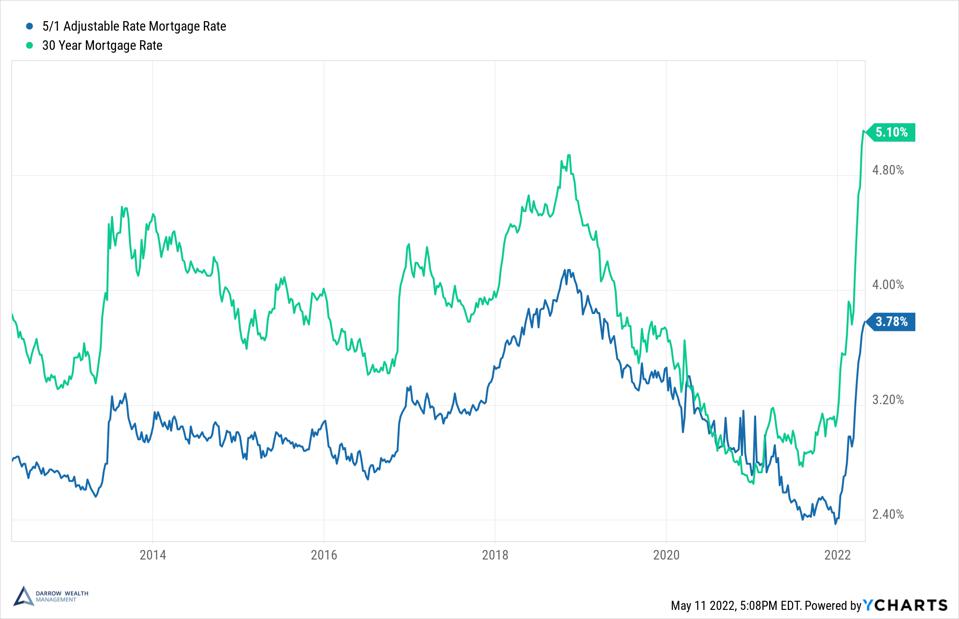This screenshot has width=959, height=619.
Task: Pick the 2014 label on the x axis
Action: click(153, 555)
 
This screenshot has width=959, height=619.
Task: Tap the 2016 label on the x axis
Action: click(324, 555)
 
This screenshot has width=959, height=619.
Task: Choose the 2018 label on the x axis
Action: click(495, 555)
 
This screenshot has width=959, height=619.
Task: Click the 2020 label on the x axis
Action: click(666, 555)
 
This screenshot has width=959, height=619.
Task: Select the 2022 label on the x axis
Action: click(837, 555)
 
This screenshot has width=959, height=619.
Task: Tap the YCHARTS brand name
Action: click(908, 605)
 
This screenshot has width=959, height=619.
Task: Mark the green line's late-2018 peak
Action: click(569, 156)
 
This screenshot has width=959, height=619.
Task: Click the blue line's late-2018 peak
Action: click(566, 270)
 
